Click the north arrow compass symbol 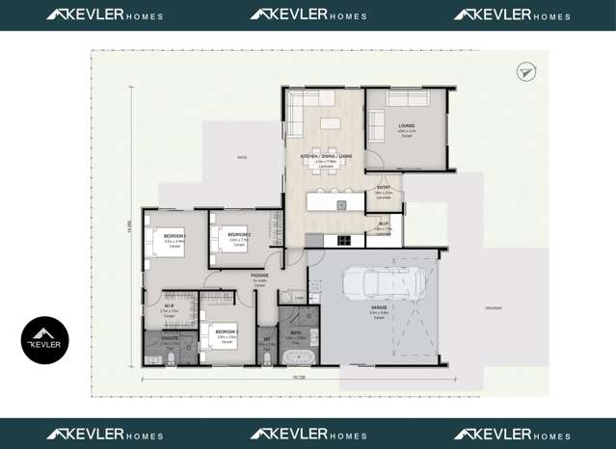pos(525,71)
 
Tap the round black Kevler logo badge pos(45,340)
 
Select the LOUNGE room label pos(406,125)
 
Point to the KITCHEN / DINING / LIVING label pos(326,155)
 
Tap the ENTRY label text pos(384,187)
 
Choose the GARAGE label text pos(379,308)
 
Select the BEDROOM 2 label pos(240,235)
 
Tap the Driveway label pos(494,308)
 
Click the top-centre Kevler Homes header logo pos(308,15)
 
